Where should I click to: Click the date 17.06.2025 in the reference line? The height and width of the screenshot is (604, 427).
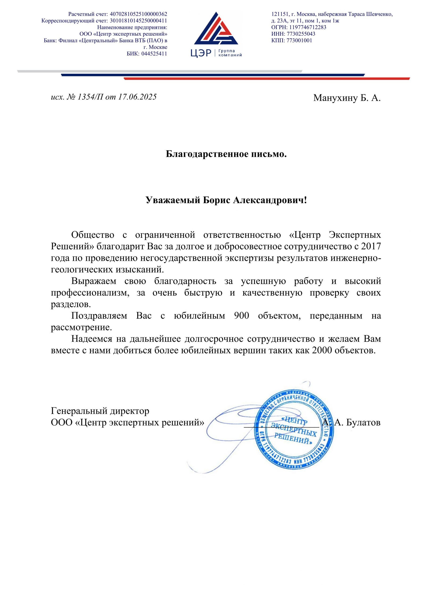137,97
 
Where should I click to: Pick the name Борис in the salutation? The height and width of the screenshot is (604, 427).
216,201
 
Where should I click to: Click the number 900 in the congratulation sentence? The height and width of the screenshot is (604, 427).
241,316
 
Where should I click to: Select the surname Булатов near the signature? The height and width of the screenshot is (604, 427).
363,423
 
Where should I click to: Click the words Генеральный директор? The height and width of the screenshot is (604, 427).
100,411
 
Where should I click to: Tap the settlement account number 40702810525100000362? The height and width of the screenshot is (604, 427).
138,14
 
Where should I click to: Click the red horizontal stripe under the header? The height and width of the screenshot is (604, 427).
267,78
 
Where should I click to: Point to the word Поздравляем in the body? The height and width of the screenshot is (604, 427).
99,316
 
